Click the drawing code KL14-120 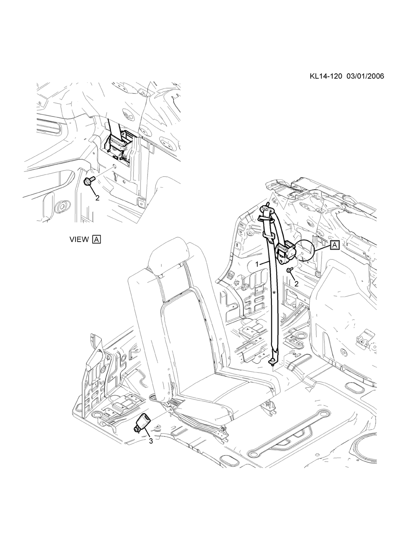coord(326,76)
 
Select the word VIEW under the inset coord(79,239)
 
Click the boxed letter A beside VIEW coord(96,239)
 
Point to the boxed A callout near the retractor coord(334,245)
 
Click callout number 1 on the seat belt coord(257,264)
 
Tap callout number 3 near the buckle coord(151,441)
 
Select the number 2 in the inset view coord(97,198)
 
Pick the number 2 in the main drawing coord(297,284)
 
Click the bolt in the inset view coord(89,181)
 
